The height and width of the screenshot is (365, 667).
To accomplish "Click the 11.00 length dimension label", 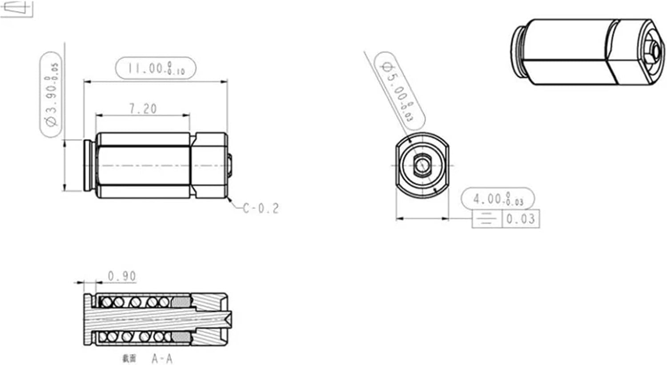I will coord(156,68).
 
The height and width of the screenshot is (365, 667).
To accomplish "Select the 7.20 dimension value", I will coord(143,109).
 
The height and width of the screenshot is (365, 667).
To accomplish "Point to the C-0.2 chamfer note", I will coord(261,208).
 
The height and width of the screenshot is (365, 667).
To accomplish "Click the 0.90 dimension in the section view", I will coord(122,276).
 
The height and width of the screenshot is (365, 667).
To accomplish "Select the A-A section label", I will coord(161,358).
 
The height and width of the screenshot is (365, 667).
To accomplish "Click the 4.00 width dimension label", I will coord(498,199).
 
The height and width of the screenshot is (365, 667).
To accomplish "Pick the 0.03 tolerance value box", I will coord(521,219).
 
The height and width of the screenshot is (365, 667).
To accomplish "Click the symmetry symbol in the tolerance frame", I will coord(487,219).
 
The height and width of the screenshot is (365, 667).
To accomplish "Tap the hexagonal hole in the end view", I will coord(420,166).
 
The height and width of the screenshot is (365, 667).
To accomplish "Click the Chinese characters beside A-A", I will coord(129,358).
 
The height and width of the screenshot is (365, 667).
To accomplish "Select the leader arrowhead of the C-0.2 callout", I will coord(229,199).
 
